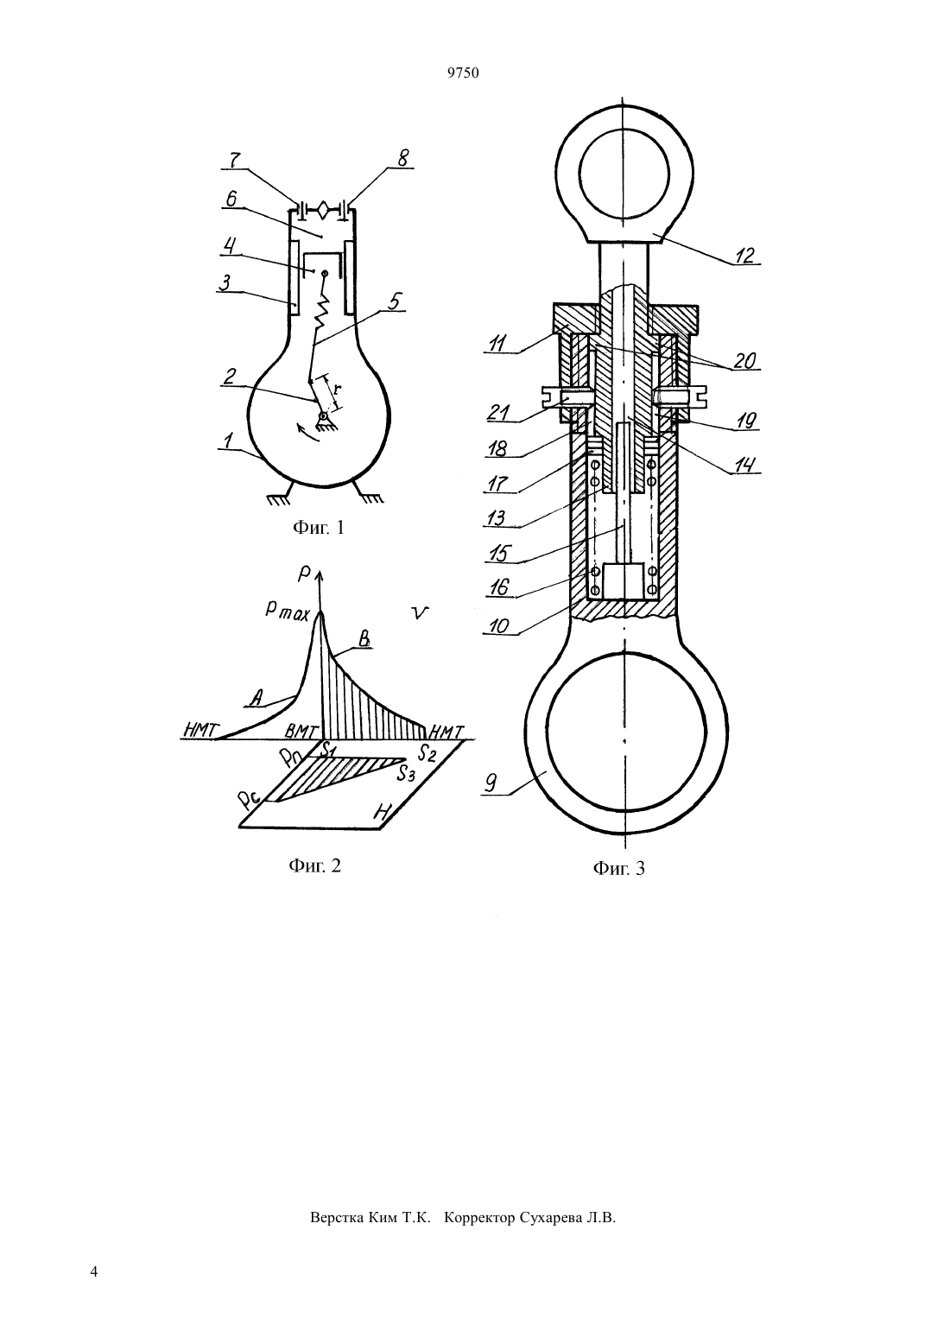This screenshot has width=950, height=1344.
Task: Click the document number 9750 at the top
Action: [463, 73]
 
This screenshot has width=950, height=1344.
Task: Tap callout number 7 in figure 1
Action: [235, 160]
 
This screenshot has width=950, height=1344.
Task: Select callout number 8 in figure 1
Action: [403, 158]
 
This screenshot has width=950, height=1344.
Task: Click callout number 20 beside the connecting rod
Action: [744, 360]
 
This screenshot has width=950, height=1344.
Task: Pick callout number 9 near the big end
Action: [490, 783]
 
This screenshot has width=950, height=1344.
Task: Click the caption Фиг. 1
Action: [319, 528]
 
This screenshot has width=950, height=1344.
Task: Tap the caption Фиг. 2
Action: [315, 865]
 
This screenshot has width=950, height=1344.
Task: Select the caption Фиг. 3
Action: [619, 868]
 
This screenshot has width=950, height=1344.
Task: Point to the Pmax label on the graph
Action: [288, 611]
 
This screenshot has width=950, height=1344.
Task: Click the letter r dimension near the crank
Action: [337, 388]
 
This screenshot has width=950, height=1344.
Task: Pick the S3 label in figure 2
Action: [406, 774]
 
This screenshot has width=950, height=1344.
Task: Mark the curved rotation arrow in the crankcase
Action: [306, 432]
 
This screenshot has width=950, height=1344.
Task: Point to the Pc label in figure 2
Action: [247, 801]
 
